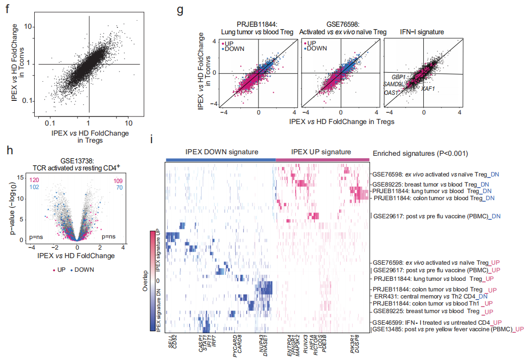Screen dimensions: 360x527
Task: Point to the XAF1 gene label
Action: pos(429,88)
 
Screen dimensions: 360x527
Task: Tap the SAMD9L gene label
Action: pos(393,84)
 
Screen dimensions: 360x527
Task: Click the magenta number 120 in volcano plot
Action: pos(36,179)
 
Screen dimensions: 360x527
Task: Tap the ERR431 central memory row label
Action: pos(430,296)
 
